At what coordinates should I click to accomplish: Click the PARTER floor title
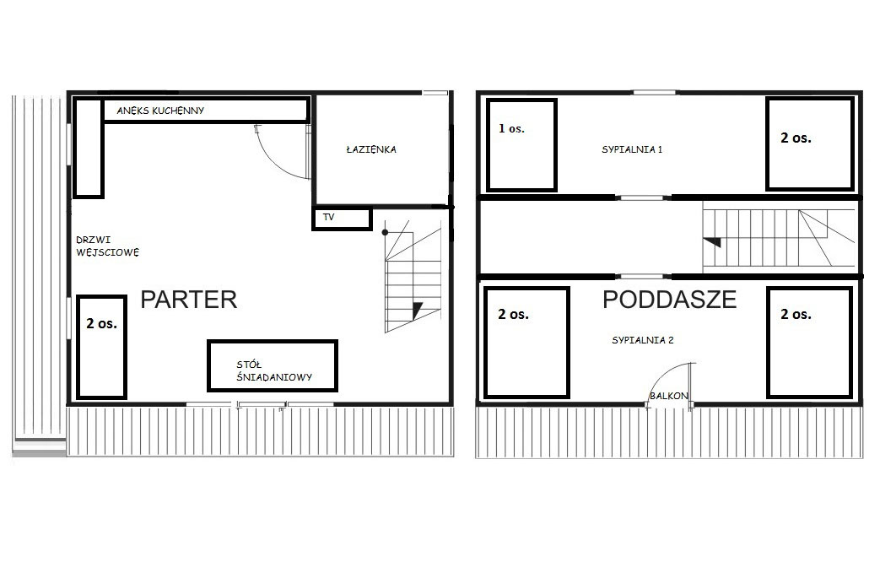189,300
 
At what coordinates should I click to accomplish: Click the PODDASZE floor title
670,300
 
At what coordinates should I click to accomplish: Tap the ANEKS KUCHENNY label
160,111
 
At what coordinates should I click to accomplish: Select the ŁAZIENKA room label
371,149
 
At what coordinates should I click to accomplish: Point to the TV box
343,219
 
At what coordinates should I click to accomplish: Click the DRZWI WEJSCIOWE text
108,246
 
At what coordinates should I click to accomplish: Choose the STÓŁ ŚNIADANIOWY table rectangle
273,365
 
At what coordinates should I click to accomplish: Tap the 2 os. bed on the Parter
101,347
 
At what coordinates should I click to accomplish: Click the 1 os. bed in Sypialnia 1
521,145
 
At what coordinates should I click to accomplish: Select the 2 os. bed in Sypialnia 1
810,144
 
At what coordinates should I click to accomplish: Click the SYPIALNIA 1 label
632,149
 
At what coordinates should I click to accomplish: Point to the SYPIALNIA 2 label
643,340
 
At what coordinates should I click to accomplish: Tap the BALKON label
668,396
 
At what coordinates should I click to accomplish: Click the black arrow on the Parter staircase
418,311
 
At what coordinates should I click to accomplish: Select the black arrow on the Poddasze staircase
713,242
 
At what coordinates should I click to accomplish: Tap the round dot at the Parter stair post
385,232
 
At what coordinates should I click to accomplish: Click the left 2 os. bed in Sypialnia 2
526,343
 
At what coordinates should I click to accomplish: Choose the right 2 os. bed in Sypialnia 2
810,343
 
